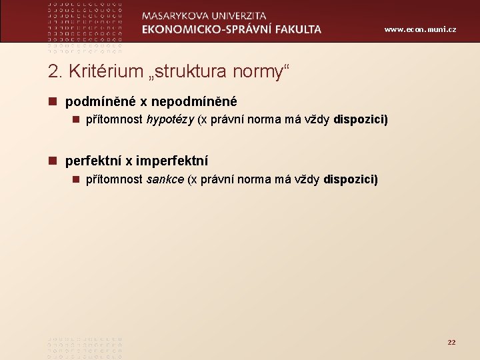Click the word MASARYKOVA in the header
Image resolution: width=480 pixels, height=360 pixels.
point(176,16)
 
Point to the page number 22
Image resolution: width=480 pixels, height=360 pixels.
point(451,342)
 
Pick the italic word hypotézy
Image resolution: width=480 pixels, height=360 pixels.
point(170,121)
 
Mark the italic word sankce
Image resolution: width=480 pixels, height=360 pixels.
point(165,179)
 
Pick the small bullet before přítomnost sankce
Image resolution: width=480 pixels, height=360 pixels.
point(77,179)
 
